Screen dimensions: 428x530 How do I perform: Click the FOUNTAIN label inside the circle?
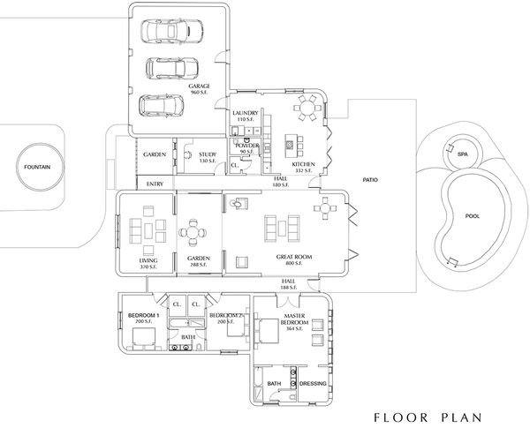[x=37, y=166]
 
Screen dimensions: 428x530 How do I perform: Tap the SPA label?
[x=462, y=154]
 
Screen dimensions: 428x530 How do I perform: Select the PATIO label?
[x=370, y=177]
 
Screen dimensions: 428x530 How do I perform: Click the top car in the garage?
[x=174, y=32]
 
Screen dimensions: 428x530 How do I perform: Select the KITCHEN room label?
[x=304, y=166]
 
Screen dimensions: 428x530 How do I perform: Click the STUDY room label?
[x=208, y=155]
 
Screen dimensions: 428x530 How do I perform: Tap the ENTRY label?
[x=155, y=184]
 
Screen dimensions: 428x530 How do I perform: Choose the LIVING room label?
[x=148, y=261]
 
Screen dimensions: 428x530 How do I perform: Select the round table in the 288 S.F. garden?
[x=193, y=234]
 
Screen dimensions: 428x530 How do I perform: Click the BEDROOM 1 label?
[x=143, y=315]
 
